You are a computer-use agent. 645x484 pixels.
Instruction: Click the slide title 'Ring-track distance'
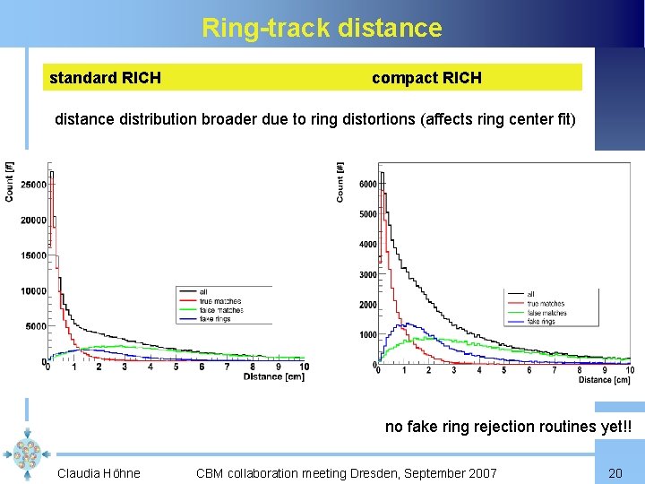click(322, 28)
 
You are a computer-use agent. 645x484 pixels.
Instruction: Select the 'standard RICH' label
click(105, 78)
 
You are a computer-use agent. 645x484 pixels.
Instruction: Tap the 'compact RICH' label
click(426, 78)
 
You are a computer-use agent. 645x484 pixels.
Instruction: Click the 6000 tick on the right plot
click(367, 184)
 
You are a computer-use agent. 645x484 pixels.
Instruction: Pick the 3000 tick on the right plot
click(367, 275)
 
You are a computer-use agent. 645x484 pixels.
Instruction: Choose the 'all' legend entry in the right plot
click(530, 294)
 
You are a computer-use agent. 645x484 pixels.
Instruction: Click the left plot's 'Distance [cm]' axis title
click(273, 377)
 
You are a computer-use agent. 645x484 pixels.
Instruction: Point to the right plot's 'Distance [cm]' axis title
click(604, 380)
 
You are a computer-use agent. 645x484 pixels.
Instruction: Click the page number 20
click(615, 472)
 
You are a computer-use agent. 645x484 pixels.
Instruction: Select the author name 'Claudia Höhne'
click(99, 472)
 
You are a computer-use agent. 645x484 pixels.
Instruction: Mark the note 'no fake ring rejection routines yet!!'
click(508, 427)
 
